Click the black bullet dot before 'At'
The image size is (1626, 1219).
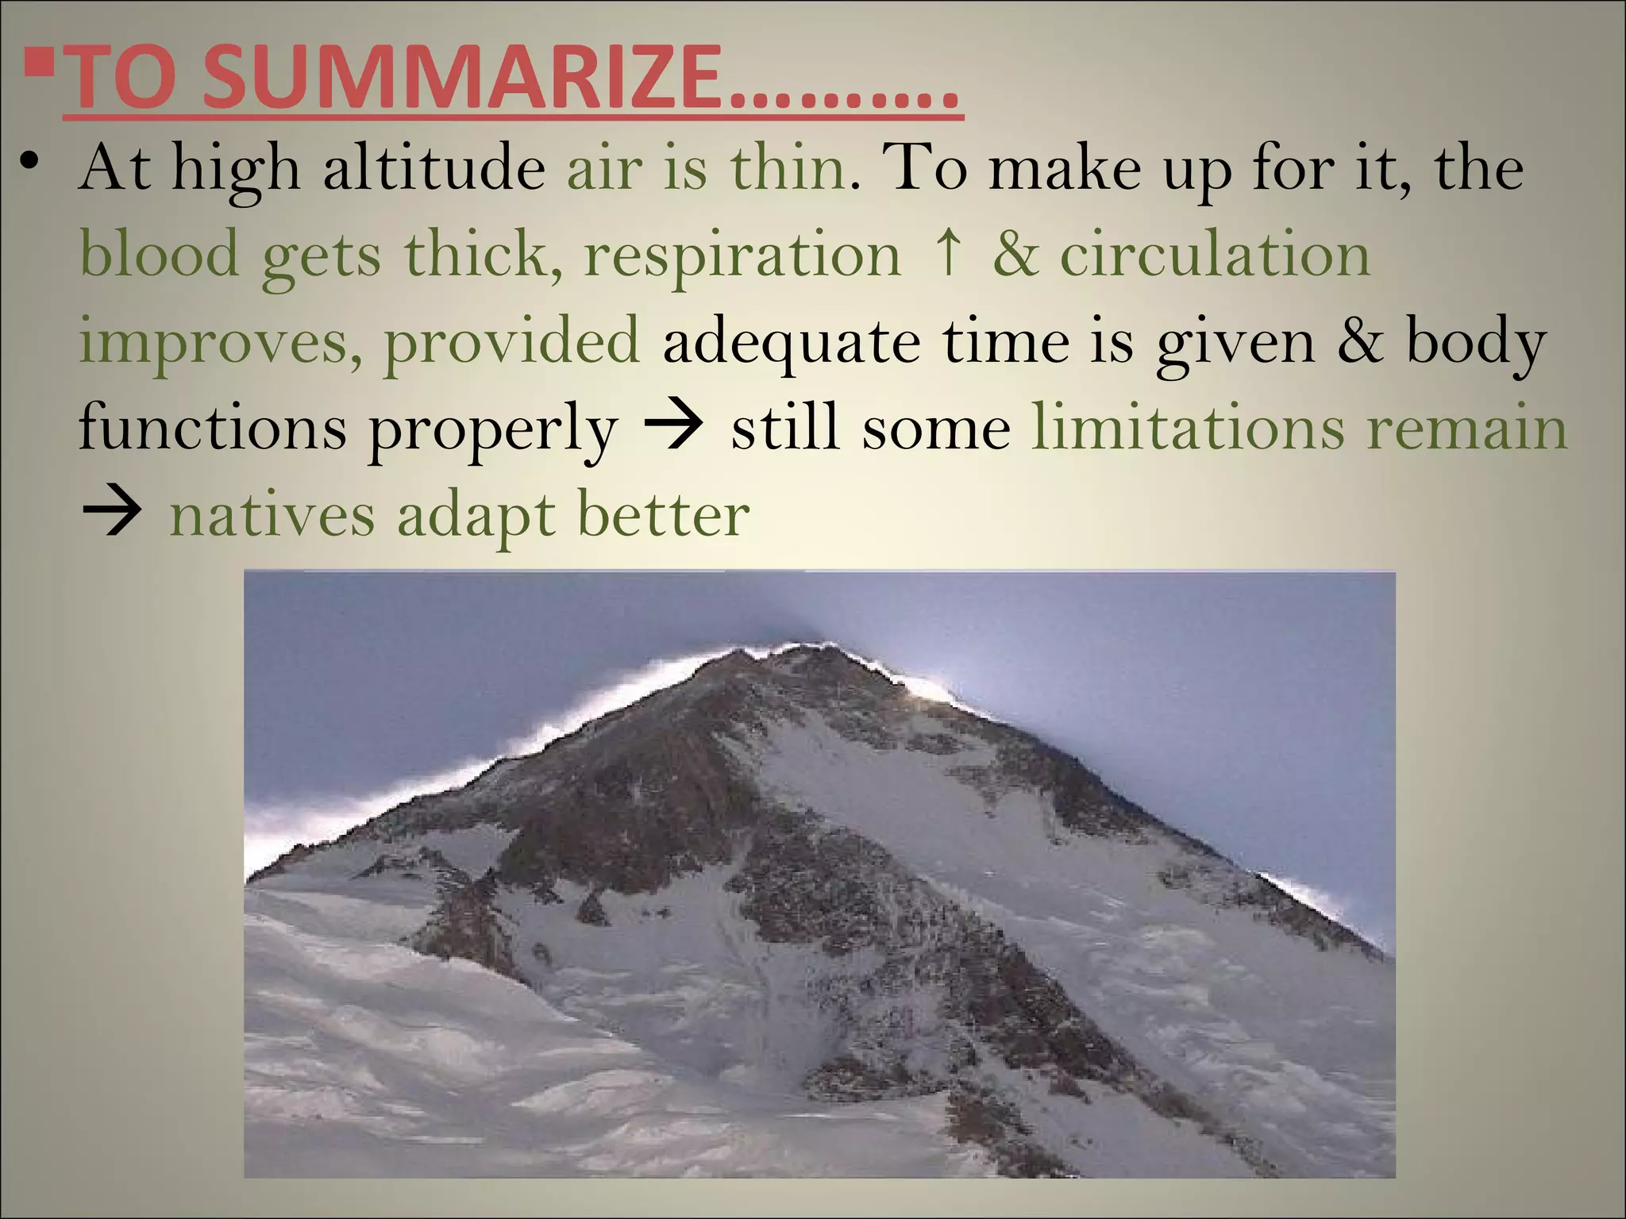(x=29, y=162)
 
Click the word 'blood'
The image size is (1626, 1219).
(x=160, y=254)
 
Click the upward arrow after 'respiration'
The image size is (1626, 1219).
(x=946, y=252)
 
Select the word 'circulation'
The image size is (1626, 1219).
(x=1215, y=254)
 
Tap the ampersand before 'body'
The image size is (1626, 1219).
(x=1360, y=340)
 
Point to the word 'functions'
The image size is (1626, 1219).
(x=212, y=427)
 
